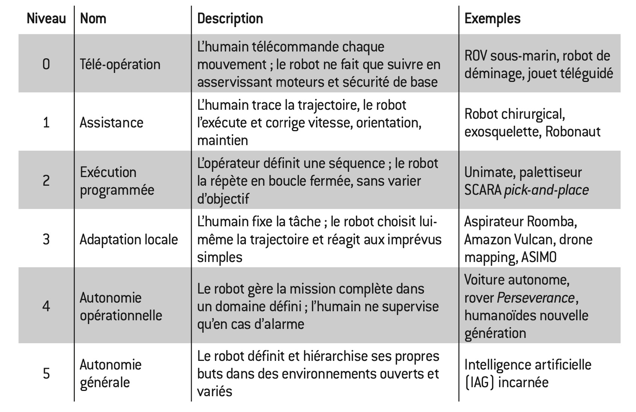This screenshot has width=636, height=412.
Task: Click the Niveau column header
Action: click(x=46, y=18)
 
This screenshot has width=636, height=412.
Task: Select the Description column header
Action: click(x=230, y=18)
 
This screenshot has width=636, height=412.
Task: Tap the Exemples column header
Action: click(x=492, y=18)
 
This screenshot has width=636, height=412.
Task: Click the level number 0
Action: click(x=46, y=64)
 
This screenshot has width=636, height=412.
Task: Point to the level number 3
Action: click(x=46, y=239)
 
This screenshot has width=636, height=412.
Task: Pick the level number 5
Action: click(x=46, y=373)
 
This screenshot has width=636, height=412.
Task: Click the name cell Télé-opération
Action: click(x=120, y=64)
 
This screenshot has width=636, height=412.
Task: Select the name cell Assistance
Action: click(x=111, y=123)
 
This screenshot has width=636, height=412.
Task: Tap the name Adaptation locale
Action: click(x=129, y=239)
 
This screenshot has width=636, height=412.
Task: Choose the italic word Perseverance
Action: click(x=536, y=298)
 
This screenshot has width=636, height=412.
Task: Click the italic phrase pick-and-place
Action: click(x=546, y=190)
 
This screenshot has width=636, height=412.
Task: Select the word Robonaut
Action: click(x=572, y=132)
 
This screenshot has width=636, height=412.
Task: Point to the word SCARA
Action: click(x=483, y=190)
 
